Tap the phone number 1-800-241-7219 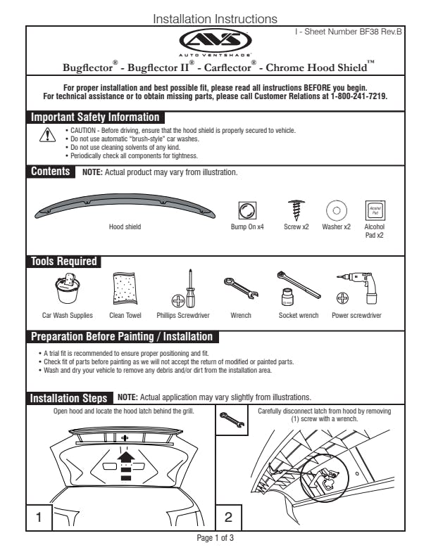(x=358, y=96)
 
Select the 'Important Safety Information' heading (x=95, y=117)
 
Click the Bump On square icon (x=247, y=210)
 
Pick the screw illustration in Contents (x=296, y=210)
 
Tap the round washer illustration (x=337, y=210)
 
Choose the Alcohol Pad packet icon (x=374, y=210)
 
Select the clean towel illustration (x=126, y=289)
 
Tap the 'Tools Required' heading (x=63, y=262)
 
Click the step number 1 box (x=39, y=518)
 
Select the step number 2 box (x=228, y=518)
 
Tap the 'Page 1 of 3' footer (x=215, y=538)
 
